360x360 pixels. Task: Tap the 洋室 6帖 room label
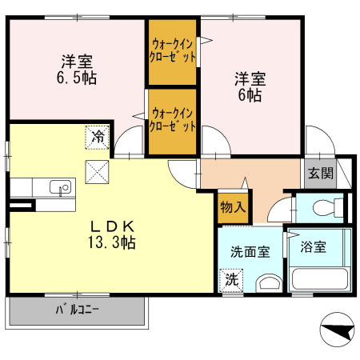click(250, 86)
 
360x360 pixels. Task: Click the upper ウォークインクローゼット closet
click(172, 51)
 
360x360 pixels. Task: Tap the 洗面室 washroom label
click(250, 251)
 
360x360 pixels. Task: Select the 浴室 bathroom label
click(314, 247)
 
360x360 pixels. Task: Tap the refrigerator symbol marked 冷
click(98, 137)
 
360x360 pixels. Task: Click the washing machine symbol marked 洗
click(230, 280)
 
